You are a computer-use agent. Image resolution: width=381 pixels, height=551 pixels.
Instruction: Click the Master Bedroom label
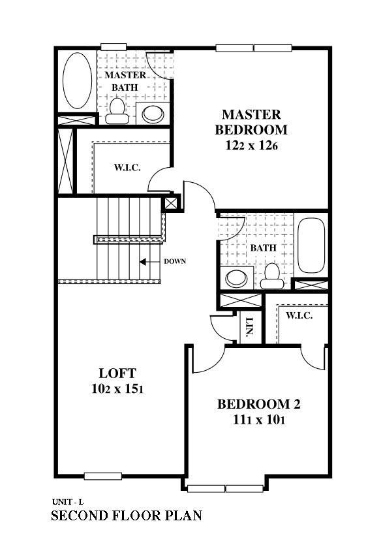point(251,122)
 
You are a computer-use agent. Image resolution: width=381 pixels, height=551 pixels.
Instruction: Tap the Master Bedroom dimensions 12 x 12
point(251,146)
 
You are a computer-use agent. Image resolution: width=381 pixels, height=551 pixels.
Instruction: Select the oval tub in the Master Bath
point(78,80)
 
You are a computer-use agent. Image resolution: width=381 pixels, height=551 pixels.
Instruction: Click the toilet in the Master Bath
point(117,111)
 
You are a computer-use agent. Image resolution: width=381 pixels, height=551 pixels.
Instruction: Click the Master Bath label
point(125,81)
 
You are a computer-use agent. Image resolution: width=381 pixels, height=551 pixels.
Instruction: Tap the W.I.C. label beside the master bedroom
point(128,167)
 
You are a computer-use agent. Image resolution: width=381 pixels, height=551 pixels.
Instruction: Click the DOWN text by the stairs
point(175,261)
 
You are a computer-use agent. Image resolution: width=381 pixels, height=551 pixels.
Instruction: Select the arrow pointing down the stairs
point(149,262)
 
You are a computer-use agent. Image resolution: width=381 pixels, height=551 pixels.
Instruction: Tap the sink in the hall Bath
point(237,277)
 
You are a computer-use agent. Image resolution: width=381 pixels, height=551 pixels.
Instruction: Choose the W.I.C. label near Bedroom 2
point(299,315)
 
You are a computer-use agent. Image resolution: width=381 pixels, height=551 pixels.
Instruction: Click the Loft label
point(117,373)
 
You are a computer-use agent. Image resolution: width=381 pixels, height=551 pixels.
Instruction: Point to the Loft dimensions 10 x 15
point(117,389)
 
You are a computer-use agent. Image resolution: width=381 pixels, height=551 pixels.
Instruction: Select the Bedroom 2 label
point(259,404)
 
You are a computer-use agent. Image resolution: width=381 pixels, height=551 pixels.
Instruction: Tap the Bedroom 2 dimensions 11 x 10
point(259,420)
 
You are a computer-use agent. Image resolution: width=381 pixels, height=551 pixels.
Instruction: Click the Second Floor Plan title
point(127,516)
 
